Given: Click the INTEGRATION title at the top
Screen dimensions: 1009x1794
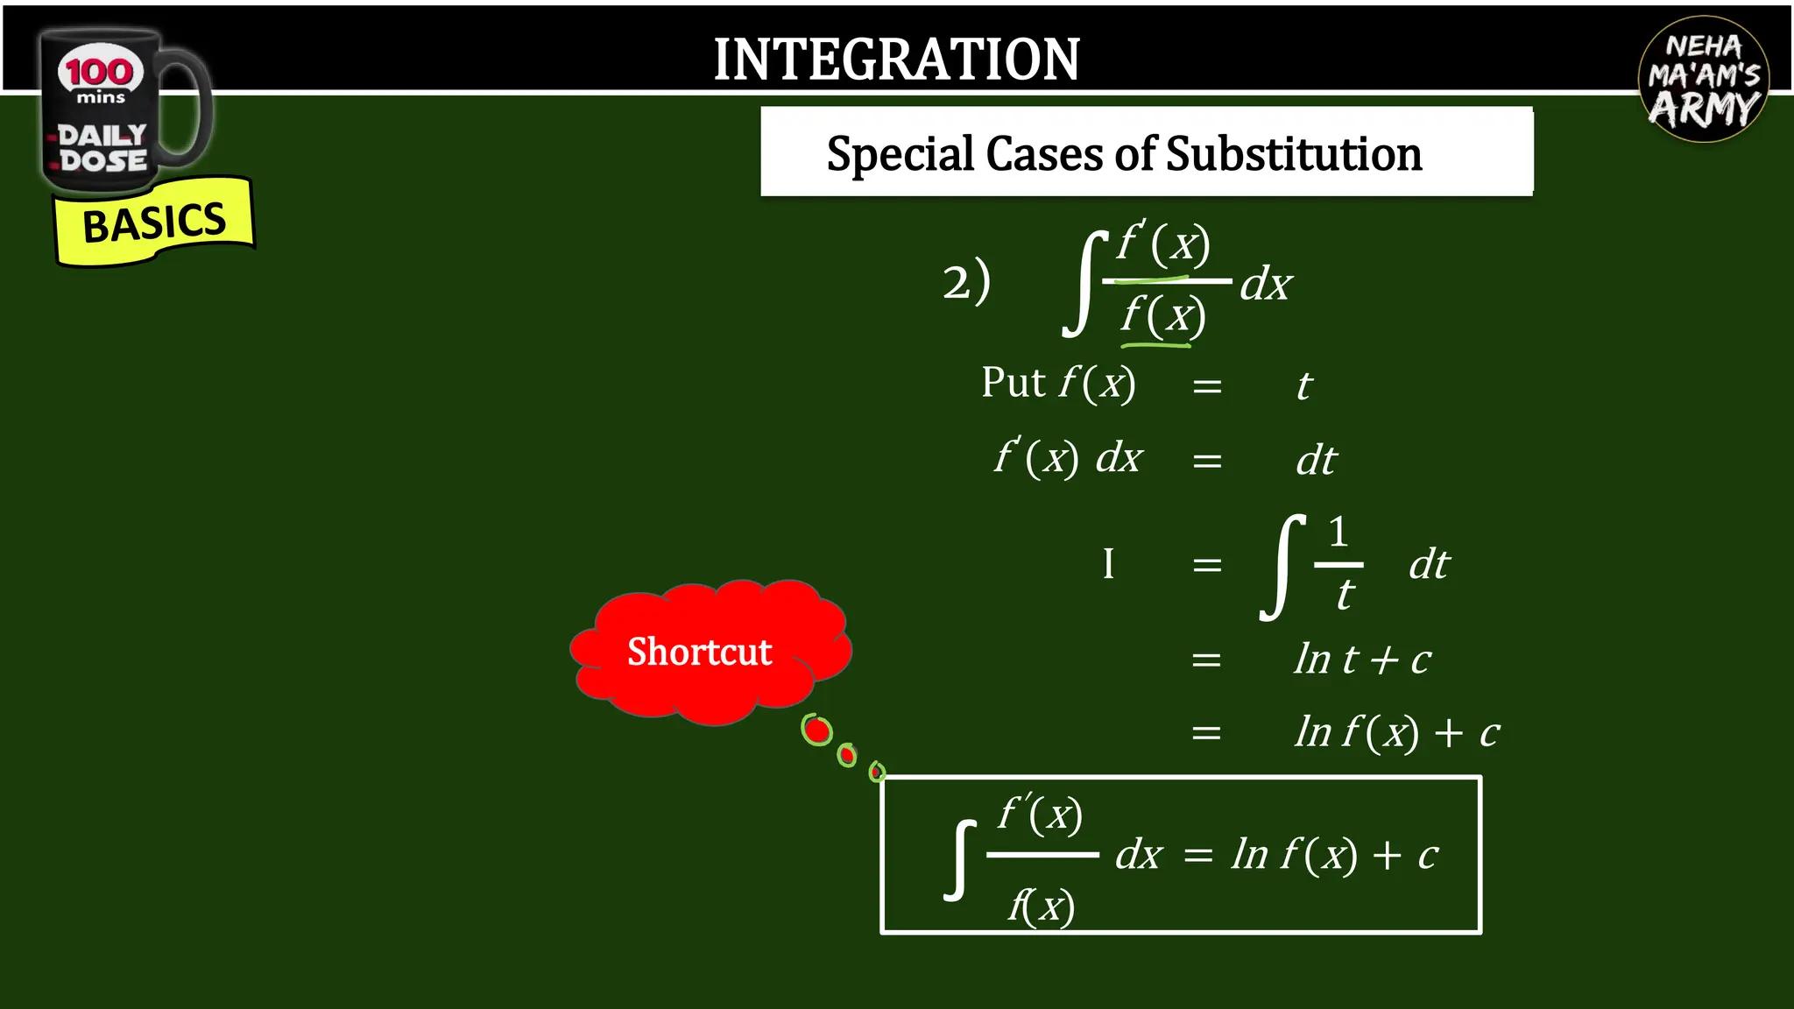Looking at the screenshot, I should point(896,60).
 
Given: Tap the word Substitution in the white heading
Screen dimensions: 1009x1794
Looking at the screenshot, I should point(1294,154).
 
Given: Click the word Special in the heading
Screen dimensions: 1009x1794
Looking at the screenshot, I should point(901,154).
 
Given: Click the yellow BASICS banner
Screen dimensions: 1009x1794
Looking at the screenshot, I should point(154,222).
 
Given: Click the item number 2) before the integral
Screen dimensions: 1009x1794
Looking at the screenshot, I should point(966,283).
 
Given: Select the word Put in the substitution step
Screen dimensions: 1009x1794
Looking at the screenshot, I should point(1013,383).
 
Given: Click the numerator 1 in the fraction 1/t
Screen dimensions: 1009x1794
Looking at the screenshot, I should point(1338,532).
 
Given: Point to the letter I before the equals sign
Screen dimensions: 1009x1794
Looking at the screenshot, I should point(1108,564).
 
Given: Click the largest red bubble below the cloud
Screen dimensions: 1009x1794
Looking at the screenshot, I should point(817,730).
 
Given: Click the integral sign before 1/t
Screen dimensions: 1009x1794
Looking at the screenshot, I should point(1280,567).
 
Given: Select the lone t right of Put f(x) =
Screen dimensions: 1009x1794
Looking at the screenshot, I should point(1304,386).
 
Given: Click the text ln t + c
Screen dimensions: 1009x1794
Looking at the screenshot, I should point(1362,660).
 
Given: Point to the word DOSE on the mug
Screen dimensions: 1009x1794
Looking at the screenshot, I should point(103,161).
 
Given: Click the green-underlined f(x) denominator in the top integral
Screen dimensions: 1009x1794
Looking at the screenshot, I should point(1163,315).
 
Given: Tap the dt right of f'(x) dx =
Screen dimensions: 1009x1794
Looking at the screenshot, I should point(1316,461).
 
